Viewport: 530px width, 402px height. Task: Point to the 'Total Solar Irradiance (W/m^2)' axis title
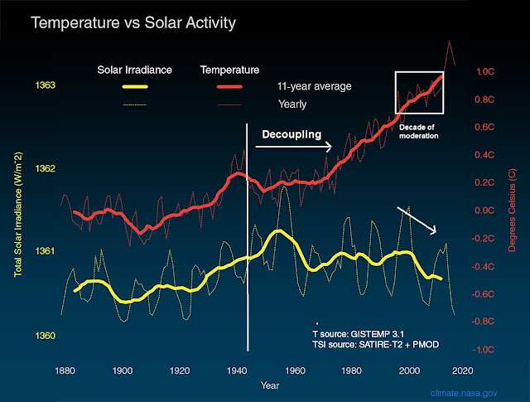(x=18, y=217)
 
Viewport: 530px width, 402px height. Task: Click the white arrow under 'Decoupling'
(x=294, y=147)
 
